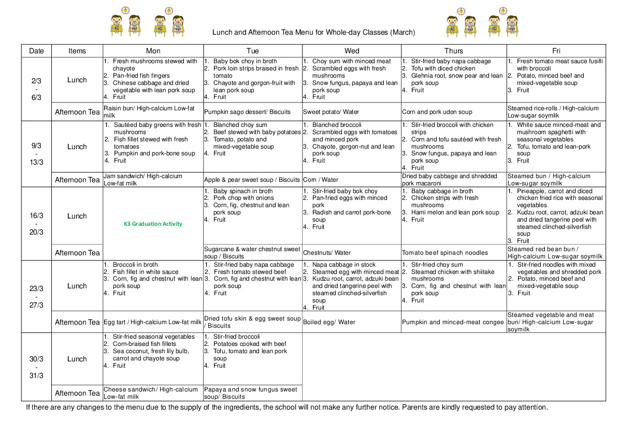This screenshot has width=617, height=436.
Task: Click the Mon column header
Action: click(153, 51)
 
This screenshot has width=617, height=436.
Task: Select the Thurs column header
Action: click(453, 51)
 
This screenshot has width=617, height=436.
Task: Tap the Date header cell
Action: click(36, 51)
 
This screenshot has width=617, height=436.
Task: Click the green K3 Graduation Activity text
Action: click(153, 224)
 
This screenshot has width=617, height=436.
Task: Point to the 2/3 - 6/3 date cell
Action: click(36, 89)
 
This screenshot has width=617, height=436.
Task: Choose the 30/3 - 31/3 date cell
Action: click(36, 367)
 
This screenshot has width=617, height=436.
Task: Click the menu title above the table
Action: click(313, 33)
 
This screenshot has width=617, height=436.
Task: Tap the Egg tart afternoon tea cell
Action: click(152, 322)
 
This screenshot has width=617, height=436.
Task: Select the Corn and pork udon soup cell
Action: click(437, 112)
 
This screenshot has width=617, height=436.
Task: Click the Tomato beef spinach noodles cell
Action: click(444, 253)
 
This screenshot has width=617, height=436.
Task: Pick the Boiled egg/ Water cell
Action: click(329, 322)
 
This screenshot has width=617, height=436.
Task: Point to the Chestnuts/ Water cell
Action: click(327, 253)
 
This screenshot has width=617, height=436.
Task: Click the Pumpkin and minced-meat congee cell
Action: click(453, 322)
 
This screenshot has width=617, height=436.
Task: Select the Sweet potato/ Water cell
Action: click(331, 112)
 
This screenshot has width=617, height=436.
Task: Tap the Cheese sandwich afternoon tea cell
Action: click(151, 393)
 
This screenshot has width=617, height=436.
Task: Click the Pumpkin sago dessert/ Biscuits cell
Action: click(248, 112)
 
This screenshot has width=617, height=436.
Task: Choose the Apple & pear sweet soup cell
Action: click(252, 180)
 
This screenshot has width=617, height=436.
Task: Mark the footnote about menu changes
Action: click(286, 407)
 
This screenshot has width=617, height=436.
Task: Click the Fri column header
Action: click(556, 51)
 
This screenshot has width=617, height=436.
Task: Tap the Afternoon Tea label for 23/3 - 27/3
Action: click(77, 322)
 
